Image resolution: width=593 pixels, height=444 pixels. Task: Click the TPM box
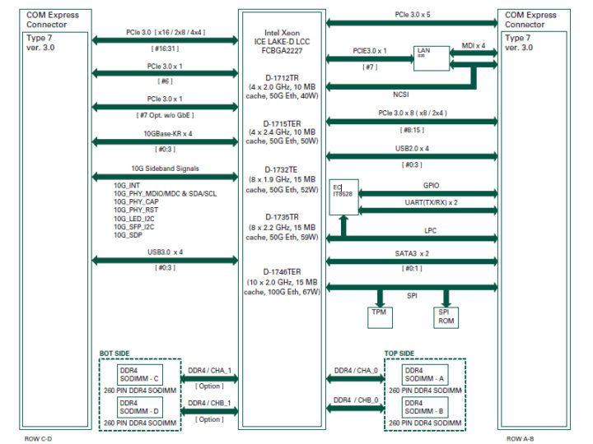[x=381, y=315]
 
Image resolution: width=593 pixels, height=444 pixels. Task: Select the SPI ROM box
[x=445, y=317]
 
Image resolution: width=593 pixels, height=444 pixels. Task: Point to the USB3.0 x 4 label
[x=165, y=252]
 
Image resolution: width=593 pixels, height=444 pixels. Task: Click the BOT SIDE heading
[x=115, y=353]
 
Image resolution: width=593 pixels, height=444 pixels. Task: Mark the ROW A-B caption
[x=523, y=437]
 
